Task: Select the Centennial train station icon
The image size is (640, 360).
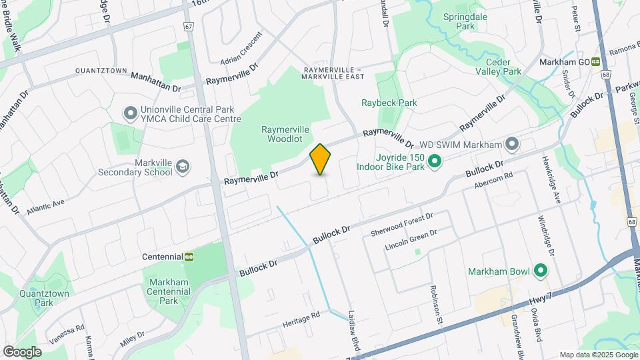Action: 189,257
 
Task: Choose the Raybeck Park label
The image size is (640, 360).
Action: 389,103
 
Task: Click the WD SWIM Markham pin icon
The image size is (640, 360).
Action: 511,144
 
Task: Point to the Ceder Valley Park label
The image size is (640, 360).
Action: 503,65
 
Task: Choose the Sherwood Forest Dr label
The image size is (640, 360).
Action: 402,225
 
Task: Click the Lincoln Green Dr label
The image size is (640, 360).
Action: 411,241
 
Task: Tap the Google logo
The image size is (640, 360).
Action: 22,352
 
